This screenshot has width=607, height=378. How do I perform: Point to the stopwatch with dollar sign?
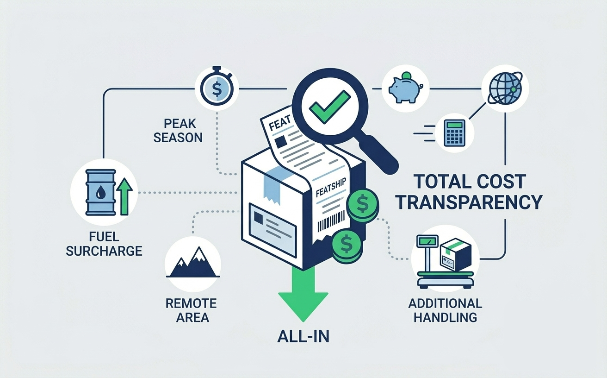tap(217, 88)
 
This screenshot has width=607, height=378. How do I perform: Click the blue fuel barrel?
tap(100, 192)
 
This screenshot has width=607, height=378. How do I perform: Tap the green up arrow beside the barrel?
tap(124, 197)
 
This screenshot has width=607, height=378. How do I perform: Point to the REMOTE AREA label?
tap(191, 310)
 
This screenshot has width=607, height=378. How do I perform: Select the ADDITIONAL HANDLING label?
tap(445, 310)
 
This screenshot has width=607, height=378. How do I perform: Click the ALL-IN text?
tap(303, 336)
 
